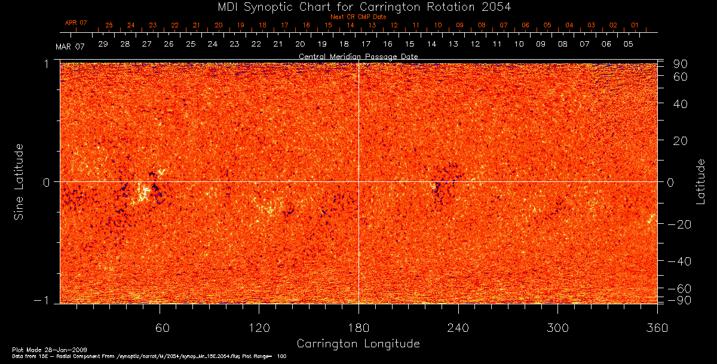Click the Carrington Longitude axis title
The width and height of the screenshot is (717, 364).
pyautogui.click(x=358, y=344)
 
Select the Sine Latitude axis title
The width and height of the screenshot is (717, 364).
pyautogui.click(x=19, y=181)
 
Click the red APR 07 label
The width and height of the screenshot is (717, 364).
pyautogui.click(x=76, y=23)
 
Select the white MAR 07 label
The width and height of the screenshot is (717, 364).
pyautogui.click(x=70, y=47)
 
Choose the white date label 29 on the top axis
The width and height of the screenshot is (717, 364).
pyautogui.click(x=103, y=44)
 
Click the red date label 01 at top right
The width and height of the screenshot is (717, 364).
pyautogui.click(x=635, y=26)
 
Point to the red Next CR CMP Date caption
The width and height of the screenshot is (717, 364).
pyautogui.click(x=358, y=17)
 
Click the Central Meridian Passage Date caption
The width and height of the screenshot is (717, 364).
pyautogui.click(x=358, y=56)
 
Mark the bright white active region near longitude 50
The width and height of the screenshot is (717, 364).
pyautogui.click(x=143, y=193)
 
